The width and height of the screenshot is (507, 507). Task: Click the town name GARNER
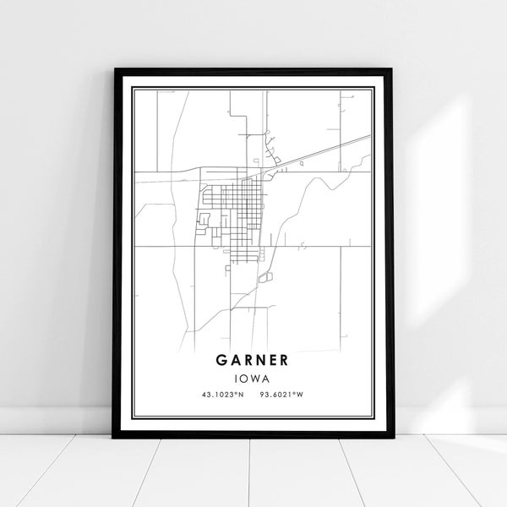pos(253,359)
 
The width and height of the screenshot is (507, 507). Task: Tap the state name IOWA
pos(253,379)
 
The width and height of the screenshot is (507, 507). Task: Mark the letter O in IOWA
pos(247,379)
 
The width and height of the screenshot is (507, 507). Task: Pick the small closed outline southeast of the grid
pos(264,277)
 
